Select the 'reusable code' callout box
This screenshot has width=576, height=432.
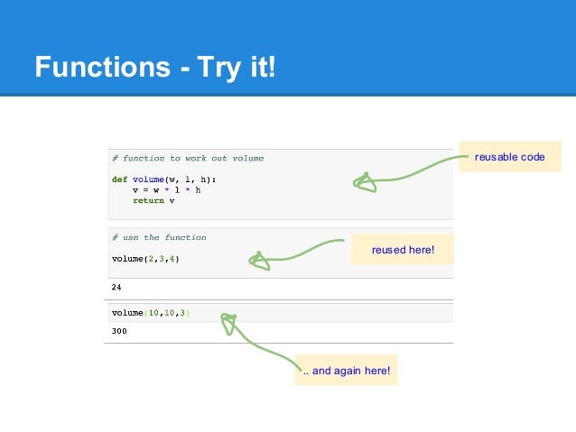pos(509,157)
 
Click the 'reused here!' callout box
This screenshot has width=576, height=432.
pos(403,249)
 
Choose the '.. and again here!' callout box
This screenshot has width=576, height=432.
pos(347,371)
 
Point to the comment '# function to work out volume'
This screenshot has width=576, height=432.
pos(188,159)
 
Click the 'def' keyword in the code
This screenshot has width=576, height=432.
pos(119,179)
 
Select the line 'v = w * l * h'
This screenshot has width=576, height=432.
pos(167,190)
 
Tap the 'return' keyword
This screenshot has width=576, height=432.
pos(148,200)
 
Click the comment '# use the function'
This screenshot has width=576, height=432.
pos(159,237)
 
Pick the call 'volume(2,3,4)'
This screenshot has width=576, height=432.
pos(145,259)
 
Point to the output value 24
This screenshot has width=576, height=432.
pos(116,287)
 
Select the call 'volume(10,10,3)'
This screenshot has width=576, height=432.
pos(151,313)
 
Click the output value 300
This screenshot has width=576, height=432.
pos(119,331)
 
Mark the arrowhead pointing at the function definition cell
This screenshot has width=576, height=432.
pos(364,183)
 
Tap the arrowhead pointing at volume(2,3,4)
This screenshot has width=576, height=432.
pos(259,261)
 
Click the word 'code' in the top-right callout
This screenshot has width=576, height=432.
pos(533,157)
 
